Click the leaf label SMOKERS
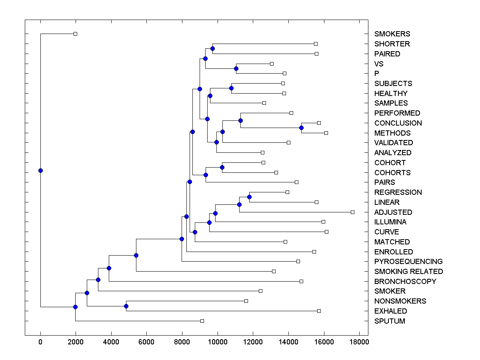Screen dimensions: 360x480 pyautogui.click(x=392, y=34)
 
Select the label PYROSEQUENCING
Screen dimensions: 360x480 pyautogui.click(x=408, y=262)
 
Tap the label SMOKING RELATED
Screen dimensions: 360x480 pyautogui.click(x=408, y=272)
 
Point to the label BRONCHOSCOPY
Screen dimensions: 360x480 pyautogui.click(x=405, y=282)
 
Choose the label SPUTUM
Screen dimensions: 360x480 pyautogui.click(x=390, y=321)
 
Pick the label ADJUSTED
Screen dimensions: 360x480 pyautogui.click(x=393, y=212)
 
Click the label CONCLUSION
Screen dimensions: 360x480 pyautogui.click(x=398, y=123)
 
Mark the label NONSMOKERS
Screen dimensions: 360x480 pyautogui.click(x=400, y=301)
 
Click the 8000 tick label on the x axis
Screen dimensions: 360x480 pyautogui.click(x=182, y=342)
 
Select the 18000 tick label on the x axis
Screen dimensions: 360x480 pyautogui.click(x=359, y=342)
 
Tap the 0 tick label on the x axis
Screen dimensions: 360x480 pyautogui.click(x=40, y=342)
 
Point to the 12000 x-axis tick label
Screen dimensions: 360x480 pyautogui.click(x=253, y=342)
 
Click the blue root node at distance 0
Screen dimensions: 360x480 pyautogui.click(x=40, y=170)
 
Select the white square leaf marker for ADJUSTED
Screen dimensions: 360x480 pyautogui.click(x=352, y=212)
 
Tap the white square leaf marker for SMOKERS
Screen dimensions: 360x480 pyautogui.click(x=75, y=34)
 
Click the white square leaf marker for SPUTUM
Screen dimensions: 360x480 pyautogui.click(x=202, y=321)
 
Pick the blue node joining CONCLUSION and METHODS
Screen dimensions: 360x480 pyautogui.click(x=301, y=128)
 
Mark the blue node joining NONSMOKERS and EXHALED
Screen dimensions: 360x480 pyautogui.click(x=126, y=306)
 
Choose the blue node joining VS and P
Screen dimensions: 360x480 pyautogui.click(x=236, y=68)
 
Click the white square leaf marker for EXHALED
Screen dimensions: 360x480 pyautogui.click(x=319, y=311)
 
